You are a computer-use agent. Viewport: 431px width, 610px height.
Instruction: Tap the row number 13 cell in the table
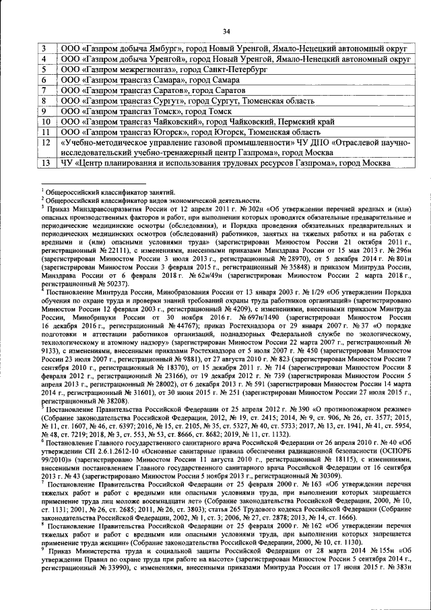coord(45,163)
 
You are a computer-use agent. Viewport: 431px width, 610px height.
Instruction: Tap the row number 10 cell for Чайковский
coord(45,122)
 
